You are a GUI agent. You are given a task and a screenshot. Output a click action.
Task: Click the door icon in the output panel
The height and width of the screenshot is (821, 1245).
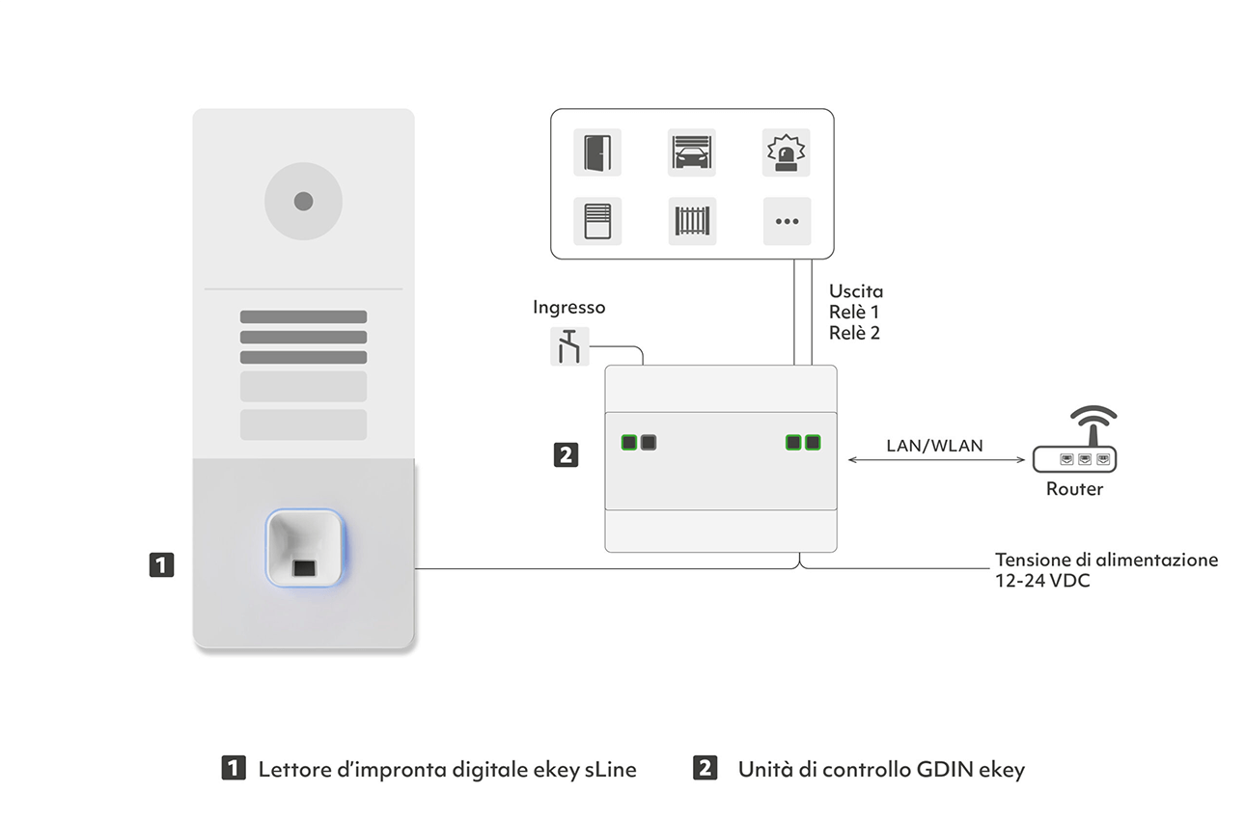[x=597, y=152]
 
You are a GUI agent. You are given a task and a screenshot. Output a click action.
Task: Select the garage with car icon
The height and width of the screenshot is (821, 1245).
[x=691, y=152]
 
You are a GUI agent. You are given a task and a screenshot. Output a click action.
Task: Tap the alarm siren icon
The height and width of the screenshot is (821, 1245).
[x=786, y=152]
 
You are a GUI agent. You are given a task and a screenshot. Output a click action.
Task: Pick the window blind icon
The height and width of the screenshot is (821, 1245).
[x=597, y=221]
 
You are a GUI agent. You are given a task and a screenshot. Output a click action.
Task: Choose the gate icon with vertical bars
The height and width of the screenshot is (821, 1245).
[x=692, y=221]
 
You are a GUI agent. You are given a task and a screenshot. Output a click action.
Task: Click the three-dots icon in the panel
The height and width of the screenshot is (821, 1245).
[x=787, y=221]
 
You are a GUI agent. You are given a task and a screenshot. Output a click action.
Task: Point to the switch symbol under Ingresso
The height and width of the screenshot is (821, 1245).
[x=569, y=346]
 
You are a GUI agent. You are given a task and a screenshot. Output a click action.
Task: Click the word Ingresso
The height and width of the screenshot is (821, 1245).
[x=568, y=308]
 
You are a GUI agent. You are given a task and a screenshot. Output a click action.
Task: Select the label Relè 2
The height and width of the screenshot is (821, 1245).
[x=854, y=333]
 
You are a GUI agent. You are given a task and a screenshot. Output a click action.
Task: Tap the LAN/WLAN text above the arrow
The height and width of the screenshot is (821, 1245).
[x=934, y=446]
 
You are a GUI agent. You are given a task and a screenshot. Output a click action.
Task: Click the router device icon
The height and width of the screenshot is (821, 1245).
[x=1075, y=439]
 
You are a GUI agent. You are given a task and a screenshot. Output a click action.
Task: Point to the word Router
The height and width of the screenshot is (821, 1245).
[x=1074, y=489]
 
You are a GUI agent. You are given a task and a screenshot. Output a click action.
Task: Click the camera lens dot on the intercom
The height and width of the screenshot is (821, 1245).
[x=303, y=201]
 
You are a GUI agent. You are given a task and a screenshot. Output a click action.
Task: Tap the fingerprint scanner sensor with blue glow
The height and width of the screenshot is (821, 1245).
[x=305, y=548]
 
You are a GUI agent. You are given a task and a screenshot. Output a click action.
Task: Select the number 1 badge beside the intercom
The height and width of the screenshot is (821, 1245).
[x=161, y=565]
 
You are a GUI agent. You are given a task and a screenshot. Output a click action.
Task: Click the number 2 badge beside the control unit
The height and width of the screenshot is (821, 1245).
[x=566, y=455]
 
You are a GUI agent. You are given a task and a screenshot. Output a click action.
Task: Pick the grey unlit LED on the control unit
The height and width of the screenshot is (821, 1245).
[x=649, y=443]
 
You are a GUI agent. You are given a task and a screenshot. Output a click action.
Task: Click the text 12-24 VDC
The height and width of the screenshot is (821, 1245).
[x=1042, y=581]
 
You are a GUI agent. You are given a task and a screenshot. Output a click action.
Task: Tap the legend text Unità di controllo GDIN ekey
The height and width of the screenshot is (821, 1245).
[x=881, y=770]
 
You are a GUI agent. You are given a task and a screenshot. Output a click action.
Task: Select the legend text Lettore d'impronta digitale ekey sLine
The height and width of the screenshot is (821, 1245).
[x=448, y=770]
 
